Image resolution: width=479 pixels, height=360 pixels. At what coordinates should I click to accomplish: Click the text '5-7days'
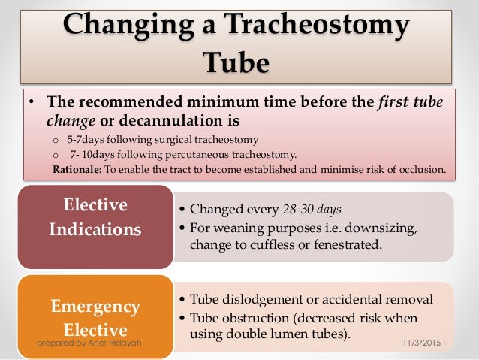[x=80, y=139]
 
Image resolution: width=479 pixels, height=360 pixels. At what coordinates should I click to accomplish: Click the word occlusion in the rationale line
[x=425, y=169]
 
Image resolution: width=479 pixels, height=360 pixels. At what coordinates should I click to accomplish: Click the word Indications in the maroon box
[x=95, y=229]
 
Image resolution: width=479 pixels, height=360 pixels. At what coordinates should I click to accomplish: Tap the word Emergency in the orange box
[x=95, y=307]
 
